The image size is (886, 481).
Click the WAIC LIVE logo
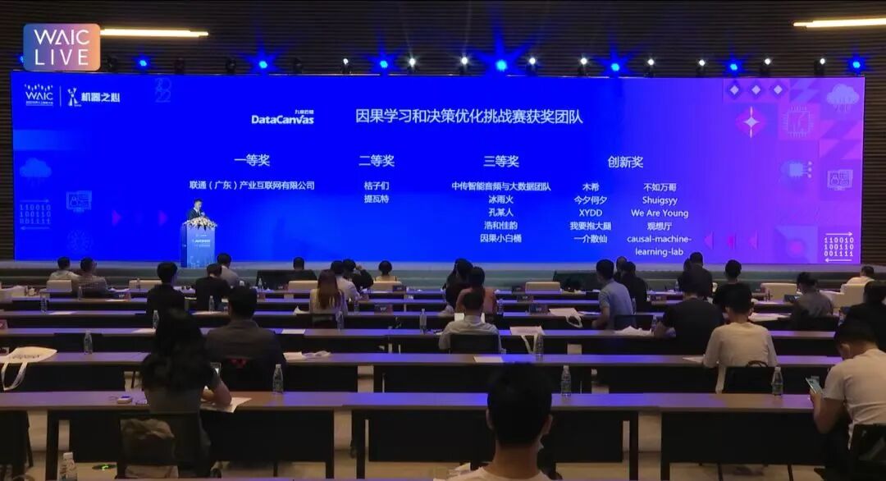click(62, 47)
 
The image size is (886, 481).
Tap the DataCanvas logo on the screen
click(282, 118)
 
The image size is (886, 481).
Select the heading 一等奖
click(252, 161)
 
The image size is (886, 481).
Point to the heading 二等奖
click(377, 161)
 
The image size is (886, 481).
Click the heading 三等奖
click(500, 161)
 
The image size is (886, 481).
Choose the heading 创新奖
click(625, 162)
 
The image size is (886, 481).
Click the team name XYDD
click(590, 213)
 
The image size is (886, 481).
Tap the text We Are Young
click(660, 213)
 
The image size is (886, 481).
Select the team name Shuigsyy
click(660, 199)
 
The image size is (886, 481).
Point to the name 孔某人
click(500, 212)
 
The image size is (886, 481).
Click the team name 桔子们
click(377, 186)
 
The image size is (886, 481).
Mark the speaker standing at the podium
click(196, 210)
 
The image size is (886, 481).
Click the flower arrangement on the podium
click(200, 222)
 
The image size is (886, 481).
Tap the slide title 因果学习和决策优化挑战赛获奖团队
click(469, 117)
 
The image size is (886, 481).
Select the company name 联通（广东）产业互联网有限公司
click(252, 186)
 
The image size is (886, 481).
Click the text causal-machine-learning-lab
click(660, 245)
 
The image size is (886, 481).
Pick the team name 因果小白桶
click(500, 238)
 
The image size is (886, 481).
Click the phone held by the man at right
click(813, 385)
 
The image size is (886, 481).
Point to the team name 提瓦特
click(377, 199)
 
